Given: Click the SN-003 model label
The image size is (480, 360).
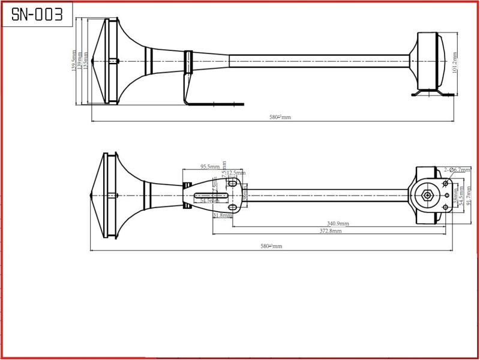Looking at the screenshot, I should [x=37, y=15].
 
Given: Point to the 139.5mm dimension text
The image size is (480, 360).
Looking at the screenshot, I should [x=74, y=61].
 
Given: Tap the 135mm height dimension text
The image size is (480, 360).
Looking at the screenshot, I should [x=86, y=61].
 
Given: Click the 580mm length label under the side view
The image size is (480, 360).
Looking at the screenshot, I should [x=280, y=117].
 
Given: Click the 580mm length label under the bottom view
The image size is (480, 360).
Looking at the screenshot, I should [x=271, y=246].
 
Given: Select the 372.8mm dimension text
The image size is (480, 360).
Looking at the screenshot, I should [x=330, y=230].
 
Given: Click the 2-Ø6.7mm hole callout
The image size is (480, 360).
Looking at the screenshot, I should [x=457, y=170].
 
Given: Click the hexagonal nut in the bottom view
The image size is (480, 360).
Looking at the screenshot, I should [x=427, y=194].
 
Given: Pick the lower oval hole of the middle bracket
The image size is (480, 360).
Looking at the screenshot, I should [x=232, y=208].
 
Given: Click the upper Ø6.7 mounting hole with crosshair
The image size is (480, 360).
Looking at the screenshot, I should [x=446, y=183].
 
